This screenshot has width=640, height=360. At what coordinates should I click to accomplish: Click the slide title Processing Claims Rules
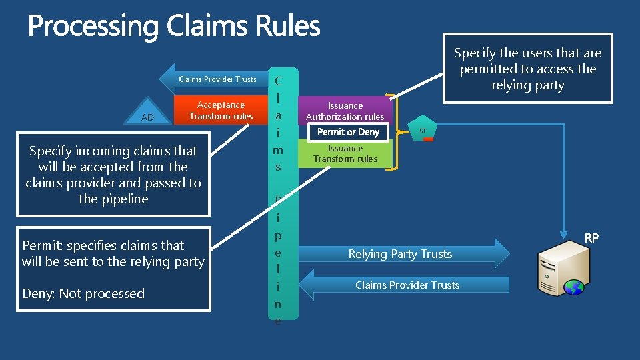point(174,27)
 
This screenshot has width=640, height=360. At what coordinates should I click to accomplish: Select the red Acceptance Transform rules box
point(221,111)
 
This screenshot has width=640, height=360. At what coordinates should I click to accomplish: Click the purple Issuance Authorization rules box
point(345,110)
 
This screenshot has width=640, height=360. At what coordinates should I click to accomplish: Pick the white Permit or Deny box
point(348,132)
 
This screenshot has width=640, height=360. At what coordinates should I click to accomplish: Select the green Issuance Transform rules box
point(345,154)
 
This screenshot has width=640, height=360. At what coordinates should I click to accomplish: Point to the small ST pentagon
point(423,131)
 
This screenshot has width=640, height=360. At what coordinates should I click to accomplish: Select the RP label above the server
point(591,237)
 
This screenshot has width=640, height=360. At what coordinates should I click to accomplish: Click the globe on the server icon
point(573,287)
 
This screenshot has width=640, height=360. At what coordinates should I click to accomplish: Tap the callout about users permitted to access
point(527,69)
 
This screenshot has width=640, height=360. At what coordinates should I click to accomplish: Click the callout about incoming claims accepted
point(113,175)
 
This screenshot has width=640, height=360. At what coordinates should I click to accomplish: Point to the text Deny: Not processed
point(83,293)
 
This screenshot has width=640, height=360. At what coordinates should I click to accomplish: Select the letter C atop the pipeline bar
point(278,81)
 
